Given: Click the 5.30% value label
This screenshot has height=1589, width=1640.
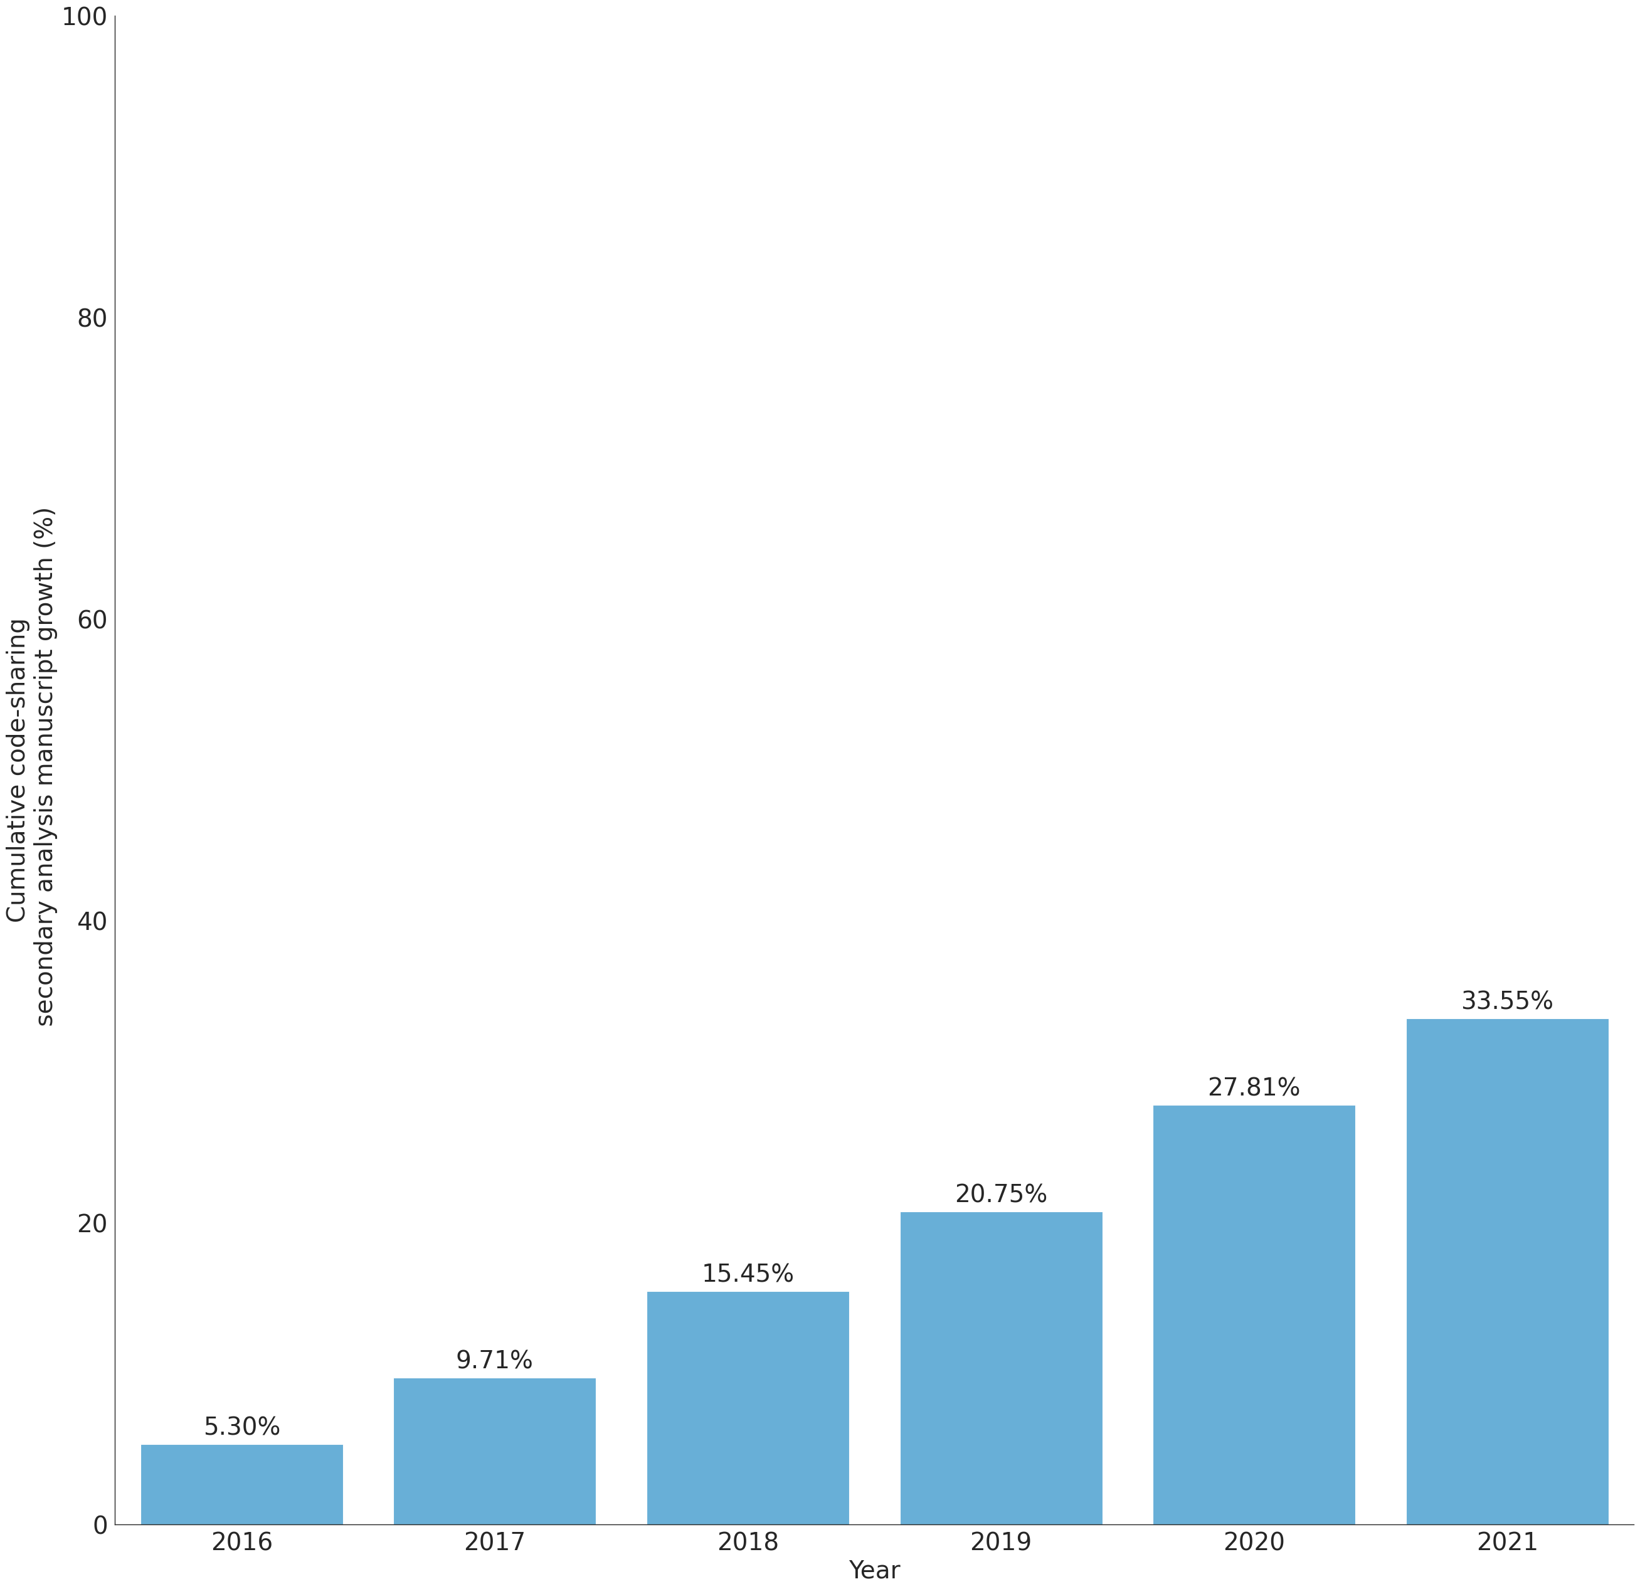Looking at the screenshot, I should [x=242, y=1427].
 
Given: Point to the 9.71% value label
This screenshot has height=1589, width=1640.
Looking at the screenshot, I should [x=495, y=1361].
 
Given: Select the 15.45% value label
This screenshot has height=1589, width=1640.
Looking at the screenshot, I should [x=748, y=1274].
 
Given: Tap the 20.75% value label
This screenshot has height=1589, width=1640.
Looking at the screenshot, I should [x=1001, y=1194].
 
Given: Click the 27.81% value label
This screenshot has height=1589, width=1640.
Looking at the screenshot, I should [x=1254, y=1088].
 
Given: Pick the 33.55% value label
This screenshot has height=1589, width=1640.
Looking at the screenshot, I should [x=1507, y=1001].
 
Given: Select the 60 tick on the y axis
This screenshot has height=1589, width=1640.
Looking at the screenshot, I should [x=92, y=620].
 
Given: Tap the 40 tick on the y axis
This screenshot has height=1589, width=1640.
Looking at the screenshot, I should [x=92, y=922].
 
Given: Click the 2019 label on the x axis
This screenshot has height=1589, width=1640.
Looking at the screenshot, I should [x=1001, y=1541].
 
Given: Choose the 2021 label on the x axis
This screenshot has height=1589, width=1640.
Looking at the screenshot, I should [x=1507, y=1541].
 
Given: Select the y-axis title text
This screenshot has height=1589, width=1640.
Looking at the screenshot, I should [x=31, y=766].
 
